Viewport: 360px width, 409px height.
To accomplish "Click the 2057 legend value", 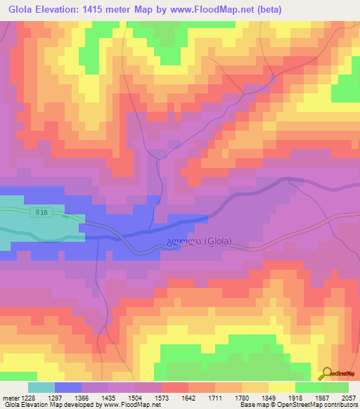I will tap(349, 397).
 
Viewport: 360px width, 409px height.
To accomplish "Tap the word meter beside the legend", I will tap(11, 397).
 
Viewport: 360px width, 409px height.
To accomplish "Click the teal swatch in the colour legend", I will tap(41, 387).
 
